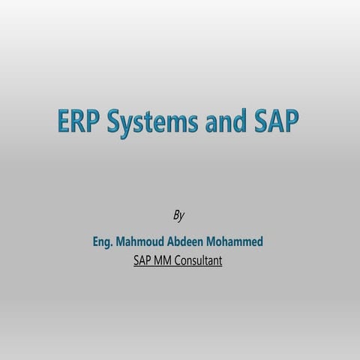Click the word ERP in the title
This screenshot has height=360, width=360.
pyautogui.click(x=79, y=122)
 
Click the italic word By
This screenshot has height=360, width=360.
pyautogui.click(x=179, y=216)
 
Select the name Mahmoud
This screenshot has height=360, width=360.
pyautogui.click(x=144, y=243)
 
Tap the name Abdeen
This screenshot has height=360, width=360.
pyautogui.click(x=195, y=243)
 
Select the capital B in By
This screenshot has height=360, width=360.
pyautogui.click(x=175, y=215)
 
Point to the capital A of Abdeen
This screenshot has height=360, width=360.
pyautogui.click(x=178, y=243)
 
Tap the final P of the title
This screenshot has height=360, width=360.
pyautogui.click(x=292, y=122)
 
